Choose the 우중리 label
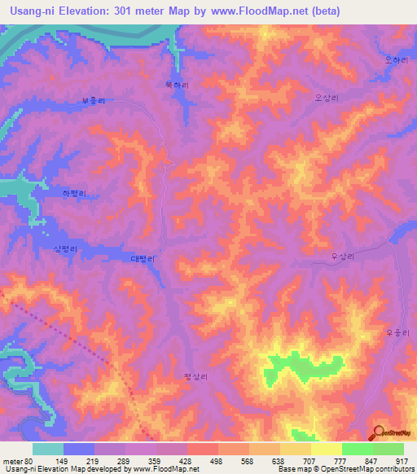(x=395, y=331)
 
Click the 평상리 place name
(x=196, y=376)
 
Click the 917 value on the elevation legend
(x=402, y=461)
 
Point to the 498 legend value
(x=217, y=461)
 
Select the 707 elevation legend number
(x=309, y=461)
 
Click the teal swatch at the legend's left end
(x=48, y=449)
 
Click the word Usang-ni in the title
(x=29, y=11)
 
